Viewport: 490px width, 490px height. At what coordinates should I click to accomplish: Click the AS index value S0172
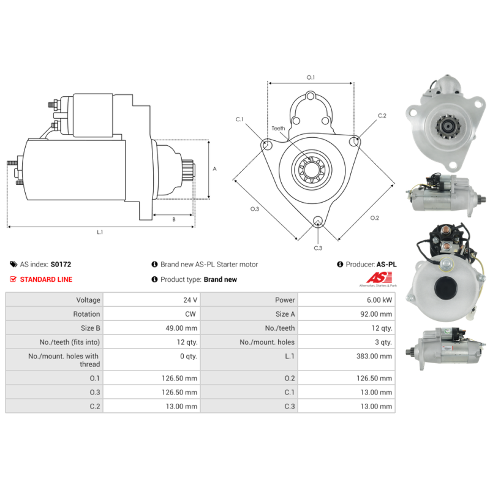[61, 265]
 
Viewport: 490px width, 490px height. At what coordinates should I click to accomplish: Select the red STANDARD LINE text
[46, 279]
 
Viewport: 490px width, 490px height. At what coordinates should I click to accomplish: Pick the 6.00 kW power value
[379, 300]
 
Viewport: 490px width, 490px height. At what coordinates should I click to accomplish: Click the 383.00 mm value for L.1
[374, 356]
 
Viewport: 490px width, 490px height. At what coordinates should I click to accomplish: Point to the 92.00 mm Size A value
[376, 314]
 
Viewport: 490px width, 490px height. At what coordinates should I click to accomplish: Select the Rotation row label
[86, 314]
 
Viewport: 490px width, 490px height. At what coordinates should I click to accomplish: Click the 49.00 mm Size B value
[181, 328]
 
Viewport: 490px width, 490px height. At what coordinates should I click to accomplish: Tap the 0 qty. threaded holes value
[189, 356]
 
